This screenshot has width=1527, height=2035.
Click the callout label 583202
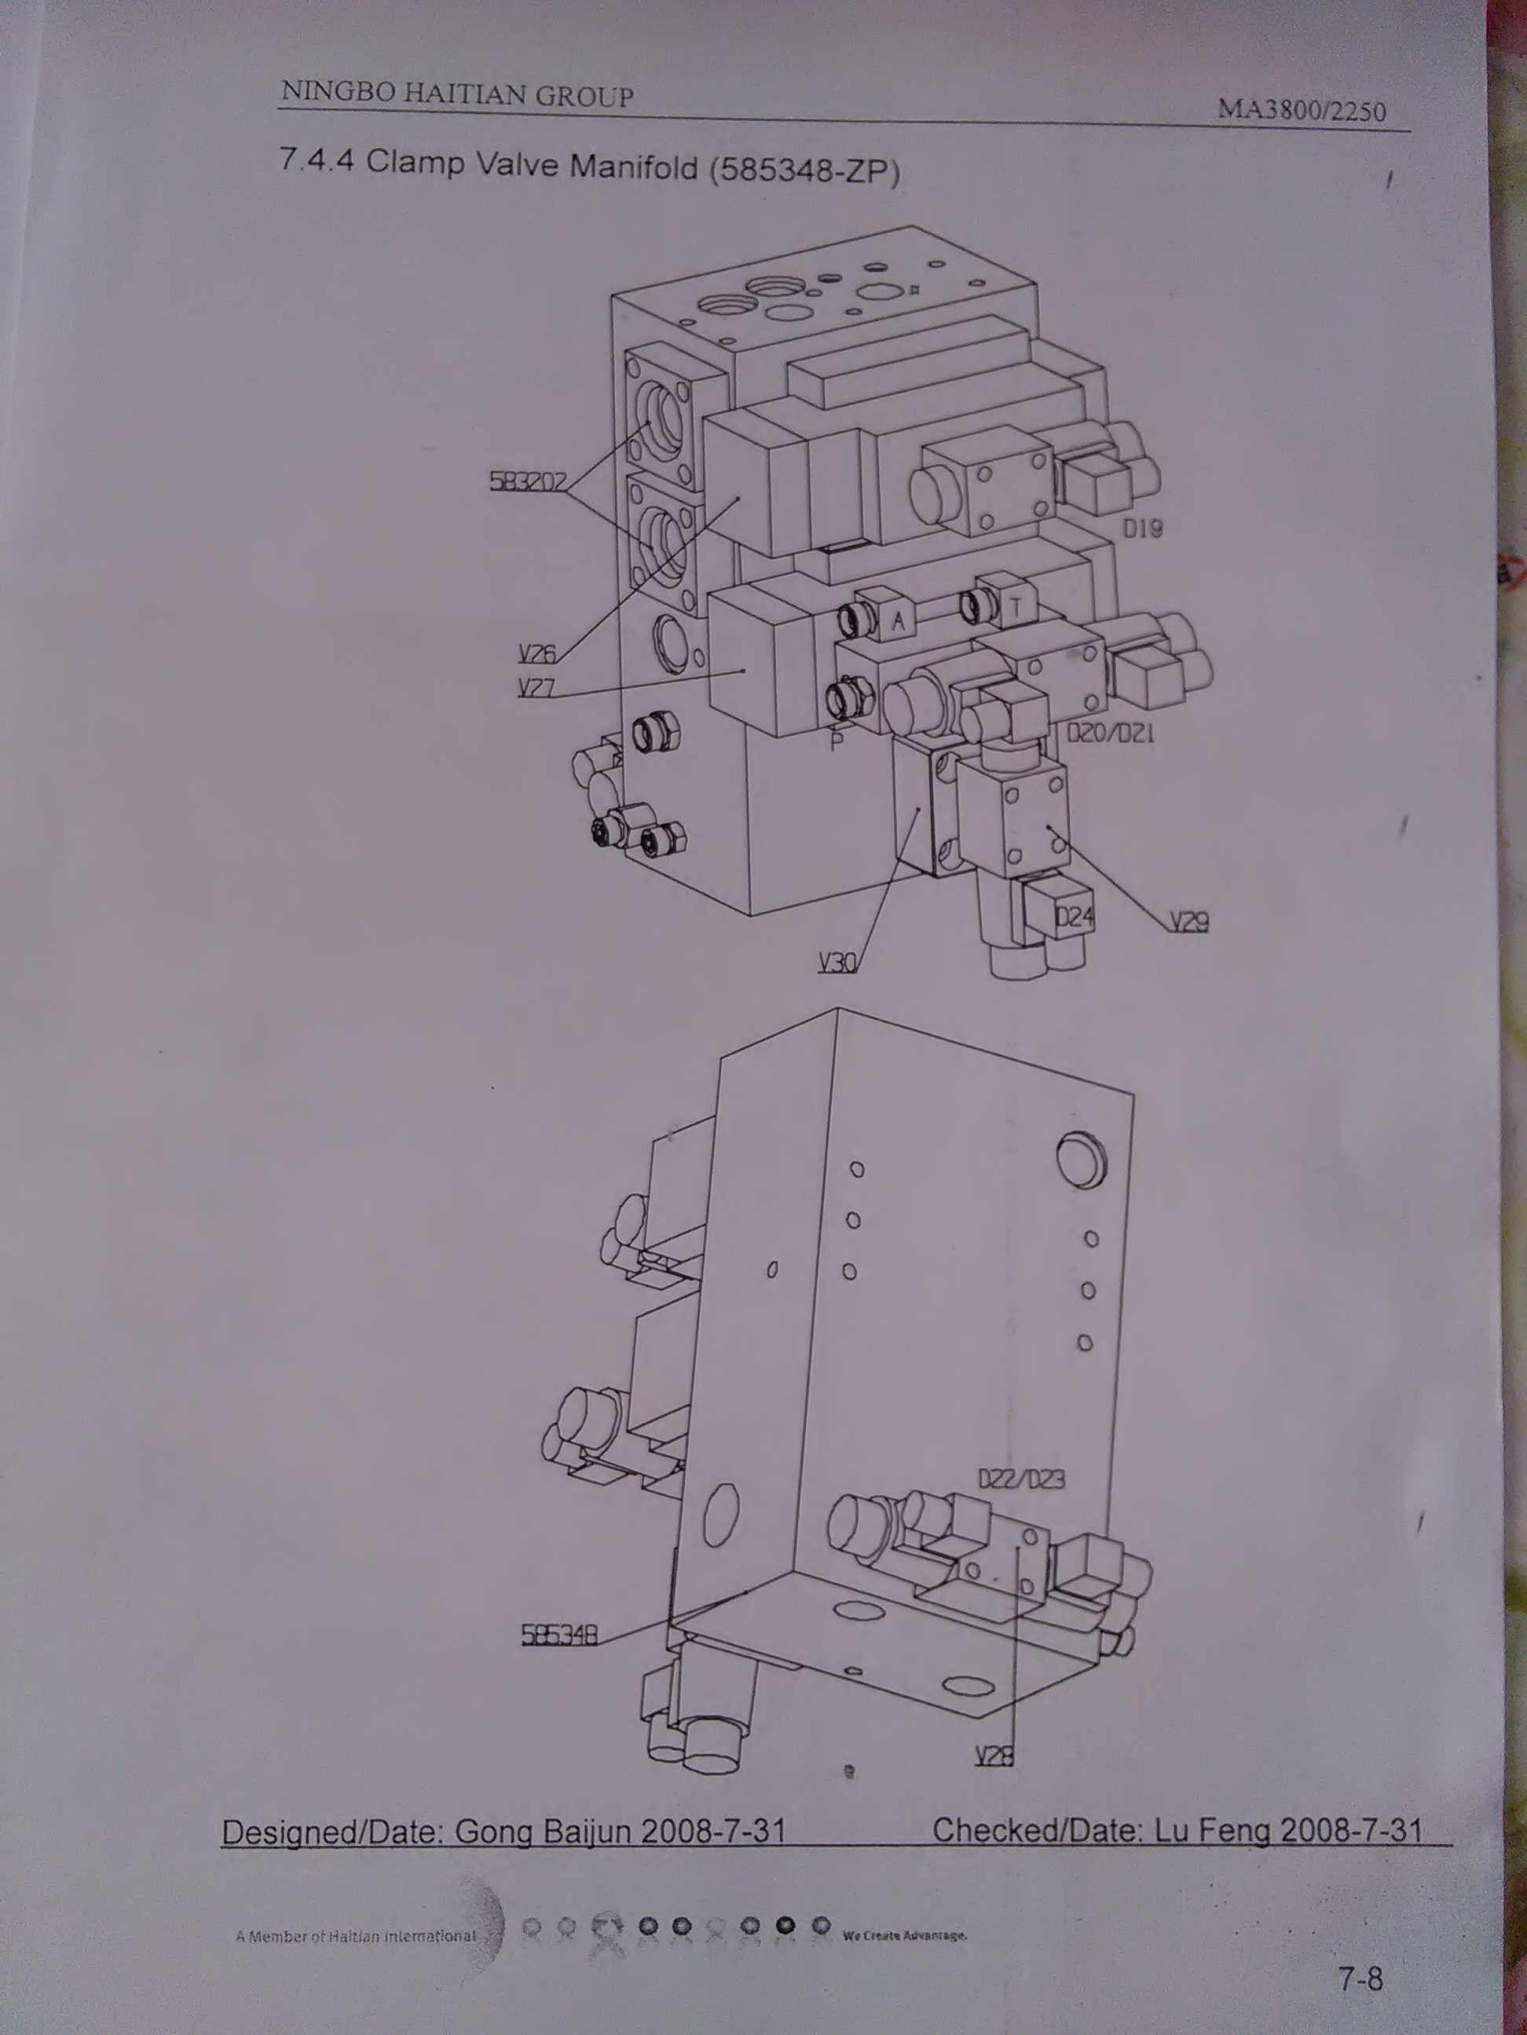[x=527, y=481]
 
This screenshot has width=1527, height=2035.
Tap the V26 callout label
[x=536, y=653]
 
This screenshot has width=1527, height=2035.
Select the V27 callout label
[x=536, y=687]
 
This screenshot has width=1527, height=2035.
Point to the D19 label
[x=1143, y=528]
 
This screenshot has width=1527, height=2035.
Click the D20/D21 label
[x=1110, y=734]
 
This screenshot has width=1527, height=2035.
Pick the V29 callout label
[x=1189, y=922]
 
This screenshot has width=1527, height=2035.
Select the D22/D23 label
[x=1022, y=1479]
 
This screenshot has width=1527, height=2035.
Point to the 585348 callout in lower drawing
[x=559, y=1634]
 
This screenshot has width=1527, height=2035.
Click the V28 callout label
[x=995, y=1756]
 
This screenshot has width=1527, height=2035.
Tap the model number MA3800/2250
[x=1302, y=111]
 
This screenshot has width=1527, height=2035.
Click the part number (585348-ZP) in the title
[x=804, y=171]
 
